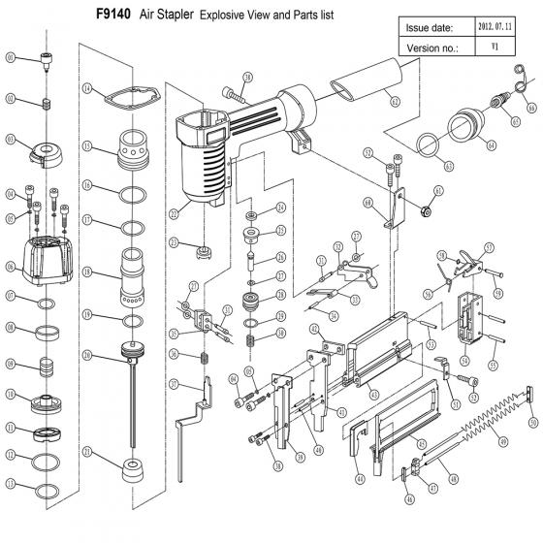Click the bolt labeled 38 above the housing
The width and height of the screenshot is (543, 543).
[x=237, y=95]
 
